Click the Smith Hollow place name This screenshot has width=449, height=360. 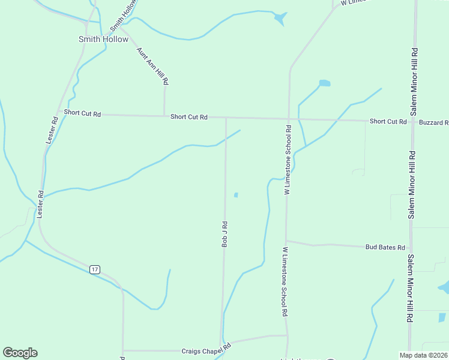tap(103, 39)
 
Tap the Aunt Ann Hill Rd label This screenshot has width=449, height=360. tap(152, 65)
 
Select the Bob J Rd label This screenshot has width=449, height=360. tap(225, 234)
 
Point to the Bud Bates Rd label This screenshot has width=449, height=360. tap(385, 247)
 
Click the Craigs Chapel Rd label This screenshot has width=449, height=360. tap(206, 349)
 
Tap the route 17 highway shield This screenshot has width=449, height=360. tap(95, 269)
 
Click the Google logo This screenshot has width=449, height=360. tap(20, 353)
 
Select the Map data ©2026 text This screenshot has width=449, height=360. tap(423, 355)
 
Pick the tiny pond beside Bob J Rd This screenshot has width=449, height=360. tap(236, 194)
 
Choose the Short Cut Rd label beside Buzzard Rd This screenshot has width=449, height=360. tap(388, 121)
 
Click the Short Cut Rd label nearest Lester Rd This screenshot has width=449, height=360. tap(82, 113)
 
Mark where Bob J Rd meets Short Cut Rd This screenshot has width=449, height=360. tap(226, 118)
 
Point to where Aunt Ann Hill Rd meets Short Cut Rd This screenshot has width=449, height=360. tap(164, 116)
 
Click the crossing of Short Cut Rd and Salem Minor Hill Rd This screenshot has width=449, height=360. tap(412, 122)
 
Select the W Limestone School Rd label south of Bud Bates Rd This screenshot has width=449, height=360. tap(285, 282)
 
